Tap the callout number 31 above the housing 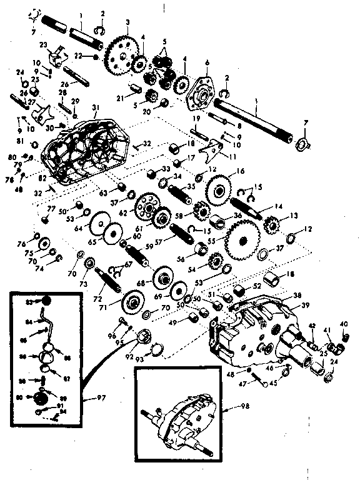click(x=94, y=107)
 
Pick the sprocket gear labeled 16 click(x=219, y=186)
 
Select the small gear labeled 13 click(x=272, y=223)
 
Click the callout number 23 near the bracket click(x=43, y=44)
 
